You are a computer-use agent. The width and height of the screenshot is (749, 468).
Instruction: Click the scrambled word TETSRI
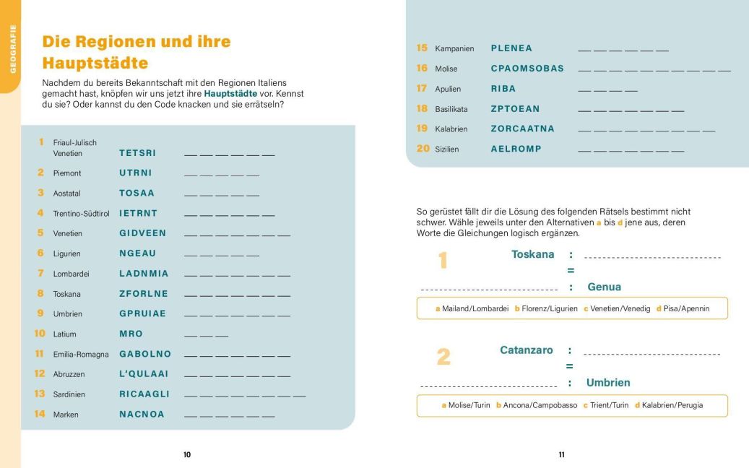pyautogui.click(x=137, y=153)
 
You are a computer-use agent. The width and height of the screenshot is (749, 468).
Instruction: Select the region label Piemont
pyautogui.click(x=67, y=173)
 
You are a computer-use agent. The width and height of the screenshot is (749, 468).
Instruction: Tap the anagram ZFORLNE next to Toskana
pyautogui.click(x=144, y=294)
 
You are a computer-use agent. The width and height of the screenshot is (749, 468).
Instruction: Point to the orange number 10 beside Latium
pyautogui.click(x=40, y=334)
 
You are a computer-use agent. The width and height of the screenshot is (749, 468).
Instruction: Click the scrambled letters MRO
pyautogui.click(x=131, y=334)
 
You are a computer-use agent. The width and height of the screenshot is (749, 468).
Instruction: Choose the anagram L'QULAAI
pyautogui.click(x=144, y=374)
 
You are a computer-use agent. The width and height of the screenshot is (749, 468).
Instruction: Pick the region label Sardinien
pyautogui.click(x=69, y=394)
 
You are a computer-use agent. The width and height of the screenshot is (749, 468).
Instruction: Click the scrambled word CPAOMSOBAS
pyautogui.click(x=527, y=69)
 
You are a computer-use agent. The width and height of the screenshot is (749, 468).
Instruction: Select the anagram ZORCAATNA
pyautogui.click(x=523, y=129)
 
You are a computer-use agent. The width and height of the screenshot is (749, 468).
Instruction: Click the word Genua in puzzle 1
pyautogui.click(x=604, y=287)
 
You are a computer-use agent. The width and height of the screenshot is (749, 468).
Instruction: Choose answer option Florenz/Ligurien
pyautogui.click(x=546, y=308)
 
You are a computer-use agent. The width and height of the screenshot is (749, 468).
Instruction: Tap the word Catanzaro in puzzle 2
pyautogui.click(x=527, y=350)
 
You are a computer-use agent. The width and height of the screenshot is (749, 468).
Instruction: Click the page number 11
pyautogui.click(x=561, y=455)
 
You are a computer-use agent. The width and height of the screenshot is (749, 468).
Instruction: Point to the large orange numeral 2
pyautogui.click(x=443, y=357)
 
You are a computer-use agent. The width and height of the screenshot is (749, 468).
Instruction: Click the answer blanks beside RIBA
pyautogui.click(x=607, y=90)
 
